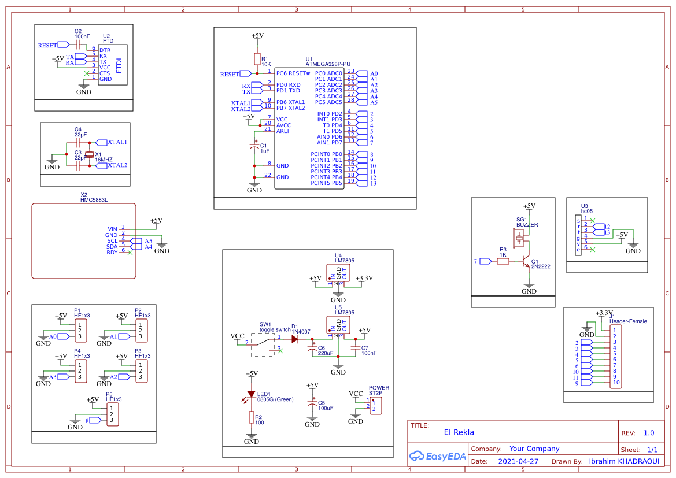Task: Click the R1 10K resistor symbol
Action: point(257,59)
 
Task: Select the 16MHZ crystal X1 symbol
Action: point(90,154)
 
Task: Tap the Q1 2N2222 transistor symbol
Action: point(526,261)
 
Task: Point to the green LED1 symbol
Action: point(251,394)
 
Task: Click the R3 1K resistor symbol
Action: point(503,261)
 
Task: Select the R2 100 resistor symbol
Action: point(251,417)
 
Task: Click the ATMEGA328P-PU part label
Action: point(328,65)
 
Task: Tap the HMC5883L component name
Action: point(94,200)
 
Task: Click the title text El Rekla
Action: point(459,432)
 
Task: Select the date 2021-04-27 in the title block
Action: point(518,461)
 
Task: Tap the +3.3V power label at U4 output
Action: point(364,278)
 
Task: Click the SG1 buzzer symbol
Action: point(519,236)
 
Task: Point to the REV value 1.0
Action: point(649,433)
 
